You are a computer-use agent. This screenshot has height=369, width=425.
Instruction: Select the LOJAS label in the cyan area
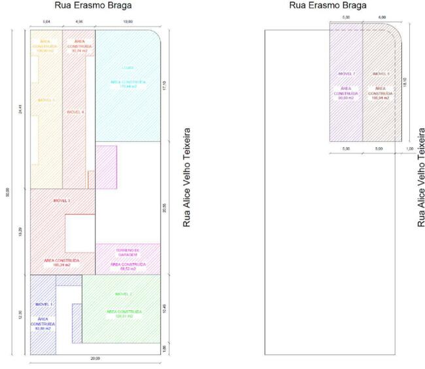[128, 68]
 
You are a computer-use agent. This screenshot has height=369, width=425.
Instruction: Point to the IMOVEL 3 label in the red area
[60, 201]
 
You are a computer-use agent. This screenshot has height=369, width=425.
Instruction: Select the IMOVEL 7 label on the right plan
[346, 74]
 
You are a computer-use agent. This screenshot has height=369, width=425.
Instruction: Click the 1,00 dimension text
[409, 149]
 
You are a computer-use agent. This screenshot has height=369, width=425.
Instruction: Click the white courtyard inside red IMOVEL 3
[80, 233]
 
